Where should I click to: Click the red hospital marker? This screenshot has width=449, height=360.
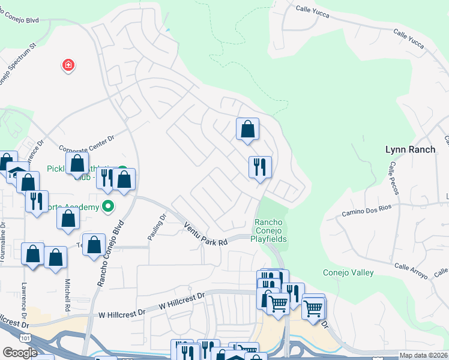[68, 65]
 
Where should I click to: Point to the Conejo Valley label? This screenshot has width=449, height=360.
[348, 273]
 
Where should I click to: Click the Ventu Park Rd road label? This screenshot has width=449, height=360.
[206, 233]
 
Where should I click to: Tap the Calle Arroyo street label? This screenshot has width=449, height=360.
[411, 270]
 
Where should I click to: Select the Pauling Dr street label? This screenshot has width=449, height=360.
[155, 228]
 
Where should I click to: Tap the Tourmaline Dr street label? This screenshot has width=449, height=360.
[5, 240]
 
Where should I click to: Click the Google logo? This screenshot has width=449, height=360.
[20, 353]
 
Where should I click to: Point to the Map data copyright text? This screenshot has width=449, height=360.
[423, 355]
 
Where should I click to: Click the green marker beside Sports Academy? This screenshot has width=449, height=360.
[108, 206]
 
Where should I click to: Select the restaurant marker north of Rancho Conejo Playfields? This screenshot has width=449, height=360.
[260, 166]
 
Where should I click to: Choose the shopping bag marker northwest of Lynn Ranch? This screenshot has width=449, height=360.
[247, 128]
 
